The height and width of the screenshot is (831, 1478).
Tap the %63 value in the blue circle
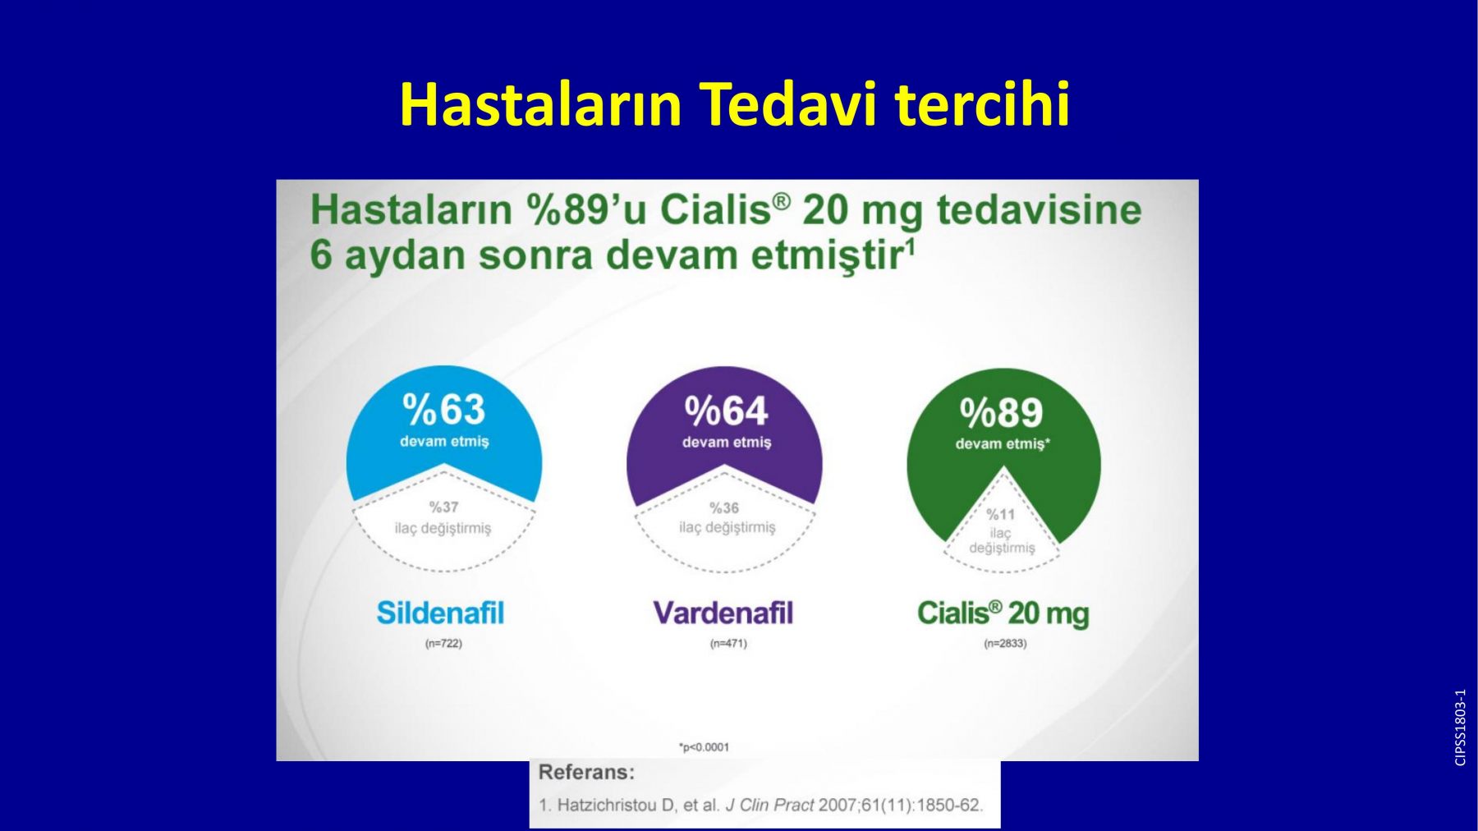(x=444, y=409)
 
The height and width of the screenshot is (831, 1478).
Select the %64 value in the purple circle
(x=726, y=411)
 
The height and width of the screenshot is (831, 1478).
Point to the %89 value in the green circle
(x=1002, y=412)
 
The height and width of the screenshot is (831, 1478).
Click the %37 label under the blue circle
(x=443, y=507)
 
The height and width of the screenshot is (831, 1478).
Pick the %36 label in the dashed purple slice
(x=724, y=508)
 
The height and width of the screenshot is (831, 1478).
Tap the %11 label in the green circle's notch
(x=1001, y=515)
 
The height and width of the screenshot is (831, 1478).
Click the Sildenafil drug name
(x=440, y=613)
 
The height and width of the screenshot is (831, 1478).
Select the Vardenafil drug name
(x=723, y=613)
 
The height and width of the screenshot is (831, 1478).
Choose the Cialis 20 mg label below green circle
(x=1003, y=614)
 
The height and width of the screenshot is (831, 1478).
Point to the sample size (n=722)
(x=443, y=644)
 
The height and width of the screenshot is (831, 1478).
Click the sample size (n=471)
(x=728, y=644)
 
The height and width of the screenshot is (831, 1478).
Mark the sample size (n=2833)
(x=1005, y=644)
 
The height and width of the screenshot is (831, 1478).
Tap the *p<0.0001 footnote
(x=704, y=747)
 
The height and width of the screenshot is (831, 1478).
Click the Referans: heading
(x=586, y=773)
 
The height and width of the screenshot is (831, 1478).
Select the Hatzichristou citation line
(x=760, y=806)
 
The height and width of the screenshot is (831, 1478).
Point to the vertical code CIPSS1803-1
(x=1460, y=728)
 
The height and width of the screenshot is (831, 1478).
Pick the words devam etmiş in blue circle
(x=444, y=442)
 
